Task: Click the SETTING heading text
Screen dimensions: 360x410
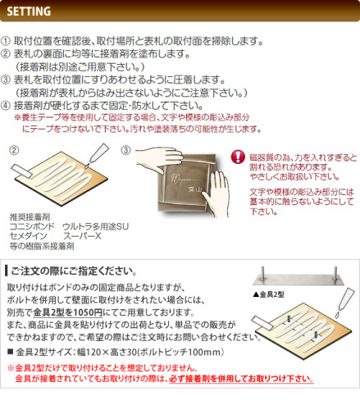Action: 29,11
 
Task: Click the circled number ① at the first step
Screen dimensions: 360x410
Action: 5,41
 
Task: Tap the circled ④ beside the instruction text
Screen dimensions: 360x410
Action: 5,106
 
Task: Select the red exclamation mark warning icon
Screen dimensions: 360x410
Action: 238,157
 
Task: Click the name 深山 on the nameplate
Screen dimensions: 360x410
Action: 194,190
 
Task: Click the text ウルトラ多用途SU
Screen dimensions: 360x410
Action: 96,226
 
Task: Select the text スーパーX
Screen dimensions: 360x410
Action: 82,236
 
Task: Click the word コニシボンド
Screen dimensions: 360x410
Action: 32,226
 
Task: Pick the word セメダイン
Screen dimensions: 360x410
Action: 29,236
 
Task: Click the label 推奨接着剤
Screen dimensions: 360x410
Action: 30,217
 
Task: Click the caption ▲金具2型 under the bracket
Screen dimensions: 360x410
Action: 269,294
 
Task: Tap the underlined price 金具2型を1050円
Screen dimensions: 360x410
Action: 68,312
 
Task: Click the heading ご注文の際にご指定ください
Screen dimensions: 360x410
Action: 74,271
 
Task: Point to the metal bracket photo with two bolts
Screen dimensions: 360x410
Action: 298,276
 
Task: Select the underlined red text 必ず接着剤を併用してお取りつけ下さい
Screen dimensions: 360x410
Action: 241,379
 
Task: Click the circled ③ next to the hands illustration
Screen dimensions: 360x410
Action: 125,150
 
